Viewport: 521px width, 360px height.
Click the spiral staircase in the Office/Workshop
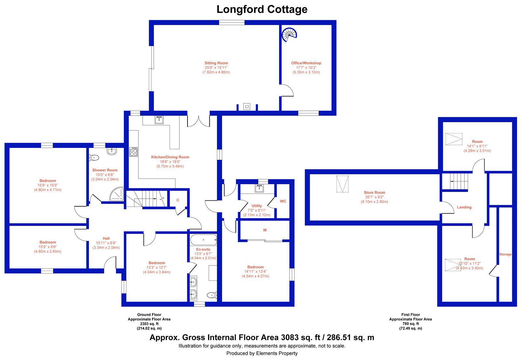pyautogui.click(x=289, y=35)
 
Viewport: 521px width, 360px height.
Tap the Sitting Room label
pyautogui.click(x=216, y=63)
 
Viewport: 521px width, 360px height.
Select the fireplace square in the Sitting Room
pyautogui.click(x=247, y=107)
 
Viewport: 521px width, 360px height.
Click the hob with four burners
pyautogui.click(x=134, y=152)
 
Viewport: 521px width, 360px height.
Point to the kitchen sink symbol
pyautogui.click(x=159, y=120)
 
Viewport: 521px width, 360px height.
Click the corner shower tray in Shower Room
pyautogui.click(x=117, y=194)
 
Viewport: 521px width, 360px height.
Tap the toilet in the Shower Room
pyautogui.click(x=94, y=158)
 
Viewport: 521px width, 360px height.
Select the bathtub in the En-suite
pyautogui.click(x=203, y=240)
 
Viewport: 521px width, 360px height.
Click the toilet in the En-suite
pyautogui.click(x=212, y=295)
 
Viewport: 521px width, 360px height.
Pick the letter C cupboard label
pyautogui.click(x=178, y=200)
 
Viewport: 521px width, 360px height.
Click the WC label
pyautogui.click(x=283, y=201)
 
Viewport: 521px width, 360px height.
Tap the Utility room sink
pyautogui.click(x=259, y=188)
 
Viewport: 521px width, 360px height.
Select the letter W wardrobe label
pyautogui.click(x=265, y=230)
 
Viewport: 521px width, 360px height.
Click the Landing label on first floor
pyautogui.click(x=464, y=207)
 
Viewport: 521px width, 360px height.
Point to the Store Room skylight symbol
pyautogui.click(x=343, y=184)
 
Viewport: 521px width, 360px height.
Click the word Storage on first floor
pyautogui.click(x=505, y=254)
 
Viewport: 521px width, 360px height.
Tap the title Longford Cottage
pyautogui.click(x=262, y=9)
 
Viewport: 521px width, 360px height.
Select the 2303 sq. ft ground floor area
pyautogui.click(x=149, y=324)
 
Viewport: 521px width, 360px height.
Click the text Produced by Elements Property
pyautogui.click(x=262, y=353)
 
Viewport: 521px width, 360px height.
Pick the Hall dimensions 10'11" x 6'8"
pyautogui.click(x=106, y=243)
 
